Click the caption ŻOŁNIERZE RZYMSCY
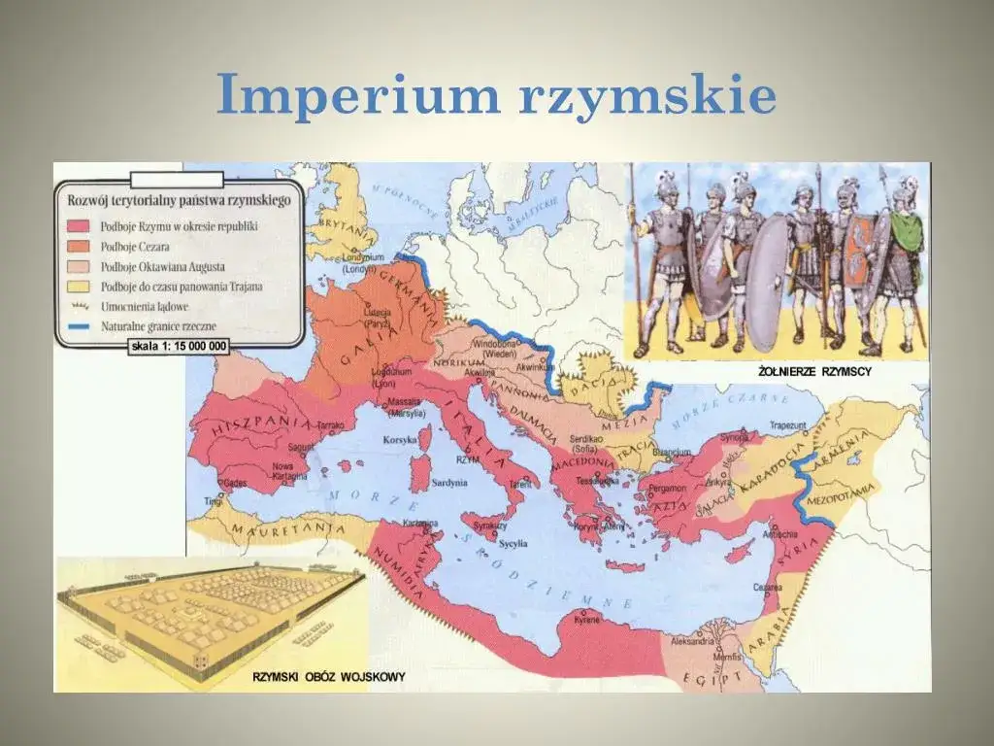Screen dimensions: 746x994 pos(814,372)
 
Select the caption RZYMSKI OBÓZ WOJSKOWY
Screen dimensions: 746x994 pos(329,676)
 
